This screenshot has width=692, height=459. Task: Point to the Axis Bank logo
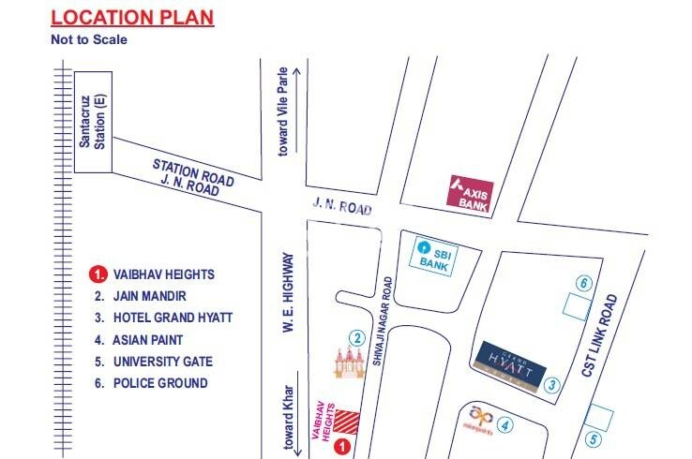470,194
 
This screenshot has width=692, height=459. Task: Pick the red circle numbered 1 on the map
343,446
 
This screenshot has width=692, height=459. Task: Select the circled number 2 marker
356,337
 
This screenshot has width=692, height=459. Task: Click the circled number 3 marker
554,384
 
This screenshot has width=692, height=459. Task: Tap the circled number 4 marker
506,426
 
